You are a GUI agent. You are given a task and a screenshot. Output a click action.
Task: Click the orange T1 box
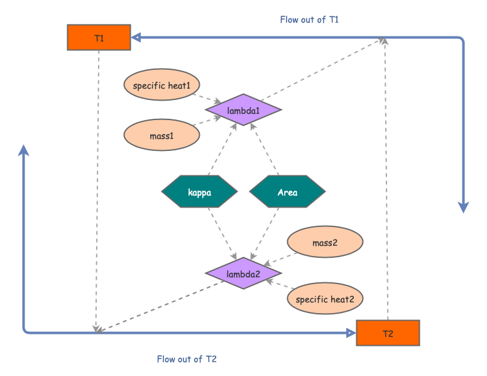click(x=99, y=38)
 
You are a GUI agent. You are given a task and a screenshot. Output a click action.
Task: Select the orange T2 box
click(x=387, y=333)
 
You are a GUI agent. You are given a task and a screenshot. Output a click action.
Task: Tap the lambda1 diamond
click(x=243, y=111)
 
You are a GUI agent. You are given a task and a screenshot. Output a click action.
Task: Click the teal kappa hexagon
click(x=199, y=192)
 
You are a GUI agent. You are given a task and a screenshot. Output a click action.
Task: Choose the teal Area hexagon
click(x=287, y=192)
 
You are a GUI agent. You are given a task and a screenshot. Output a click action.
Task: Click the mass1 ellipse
click(x=161, y=135)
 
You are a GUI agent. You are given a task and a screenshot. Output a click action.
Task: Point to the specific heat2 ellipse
click(x=325, y=299)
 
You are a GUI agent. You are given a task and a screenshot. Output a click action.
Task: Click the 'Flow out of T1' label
click(x=309, y=19)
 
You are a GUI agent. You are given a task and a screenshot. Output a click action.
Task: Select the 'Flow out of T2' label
click(x=187, y=359)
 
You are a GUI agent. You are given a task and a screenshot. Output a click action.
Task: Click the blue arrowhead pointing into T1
click(x=136, y=38)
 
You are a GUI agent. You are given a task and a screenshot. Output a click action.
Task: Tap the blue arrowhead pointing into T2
click(x=351, y=333)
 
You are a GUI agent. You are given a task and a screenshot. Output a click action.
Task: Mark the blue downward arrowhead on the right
click(x=464, y=207)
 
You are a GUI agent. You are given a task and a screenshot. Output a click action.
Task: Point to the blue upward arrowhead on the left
click(x=24, y=150)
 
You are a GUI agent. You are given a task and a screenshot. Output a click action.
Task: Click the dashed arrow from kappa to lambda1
click(x=223, y=150)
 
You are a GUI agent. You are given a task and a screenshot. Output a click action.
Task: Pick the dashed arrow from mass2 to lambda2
click(x=280, y=259)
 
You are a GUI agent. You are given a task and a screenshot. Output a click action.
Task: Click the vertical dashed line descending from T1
click(x=98, y=189)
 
